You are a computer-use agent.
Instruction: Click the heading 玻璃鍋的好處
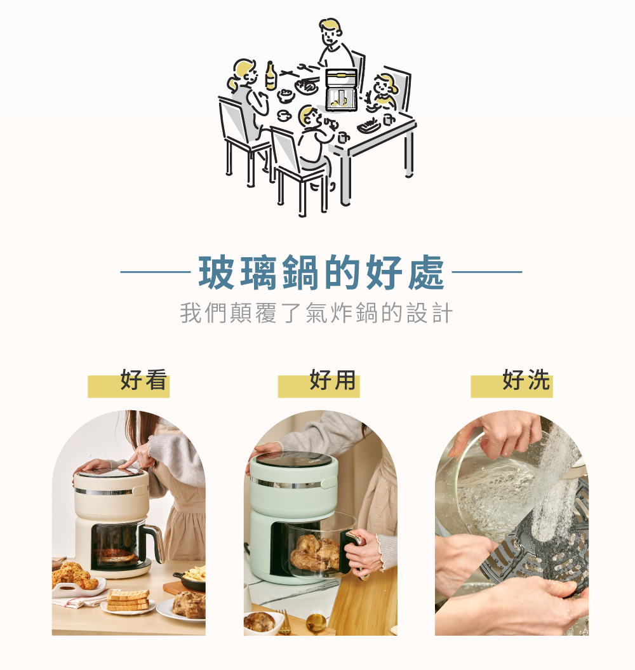click(x=321, y=272)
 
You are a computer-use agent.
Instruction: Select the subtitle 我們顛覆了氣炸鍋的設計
click(x=316, y=313)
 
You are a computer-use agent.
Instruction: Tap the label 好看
click(x=143, y=379)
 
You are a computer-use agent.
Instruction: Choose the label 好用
click(x=333, y=379)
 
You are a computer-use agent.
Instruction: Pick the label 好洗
click(x=526, y=379)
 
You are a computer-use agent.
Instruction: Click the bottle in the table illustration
click(x=271, y=76)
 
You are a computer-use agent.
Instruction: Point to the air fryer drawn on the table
click(x=341, y=90)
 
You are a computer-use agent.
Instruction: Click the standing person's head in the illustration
click(x=330, y=32)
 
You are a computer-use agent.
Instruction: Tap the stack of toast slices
click(x=128, y=599)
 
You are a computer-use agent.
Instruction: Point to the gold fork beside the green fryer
click(x=284, y=622)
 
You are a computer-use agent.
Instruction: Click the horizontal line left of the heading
click(x=156, y=271)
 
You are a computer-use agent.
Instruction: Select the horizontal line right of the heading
click(x=487, y=271)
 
